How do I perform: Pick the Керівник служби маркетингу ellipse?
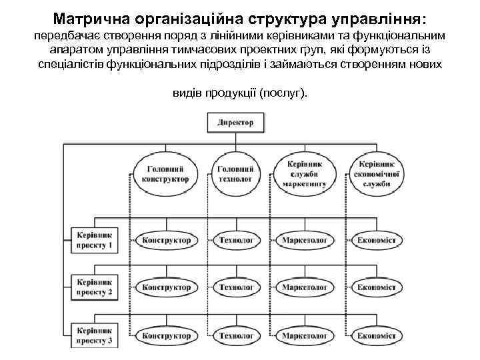305,173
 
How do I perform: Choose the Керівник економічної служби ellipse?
377,173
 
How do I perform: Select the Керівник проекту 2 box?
94,287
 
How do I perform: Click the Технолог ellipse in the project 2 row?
236,287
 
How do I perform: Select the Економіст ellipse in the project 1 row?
377,240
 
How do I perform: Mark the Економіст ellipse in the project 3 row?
377,335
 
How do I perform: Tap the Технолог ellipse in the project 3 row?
236,335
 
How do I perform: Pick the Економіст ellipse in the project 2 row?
377,287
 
